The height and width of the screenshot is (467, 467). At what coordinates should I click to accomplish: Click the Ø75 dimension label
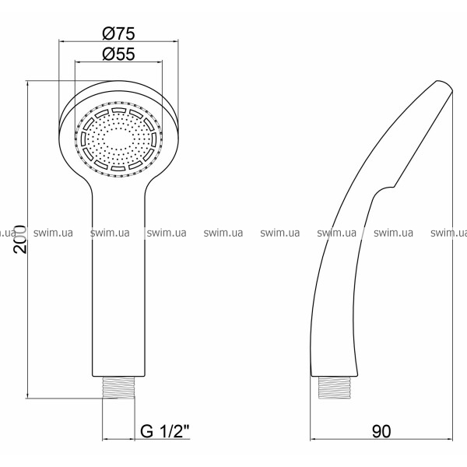118,33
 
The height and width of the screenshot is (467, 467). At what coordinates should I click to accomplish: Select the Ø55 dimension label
118,54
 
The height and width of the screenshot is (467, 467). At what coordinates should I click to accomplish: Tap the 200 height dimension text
20,239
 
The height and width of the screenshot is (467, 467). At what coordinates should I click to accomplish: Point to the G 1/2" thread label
165,430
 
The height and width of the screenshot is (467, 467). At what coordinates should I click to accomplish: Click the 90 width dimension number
381,431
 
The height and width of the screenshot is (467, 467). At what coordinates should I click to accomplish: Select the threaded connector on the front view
118,387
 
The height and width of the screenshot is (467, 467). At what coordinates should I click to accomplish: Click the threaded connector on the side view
335,388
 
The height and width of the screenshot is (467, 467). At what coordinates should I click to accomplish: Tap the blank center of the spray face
118,139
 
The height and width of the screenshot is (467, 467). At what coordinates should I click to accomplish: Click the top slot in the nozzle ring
119,111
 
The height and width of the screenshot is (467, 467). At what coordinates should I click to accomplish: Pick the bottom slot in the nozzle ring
119,168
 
